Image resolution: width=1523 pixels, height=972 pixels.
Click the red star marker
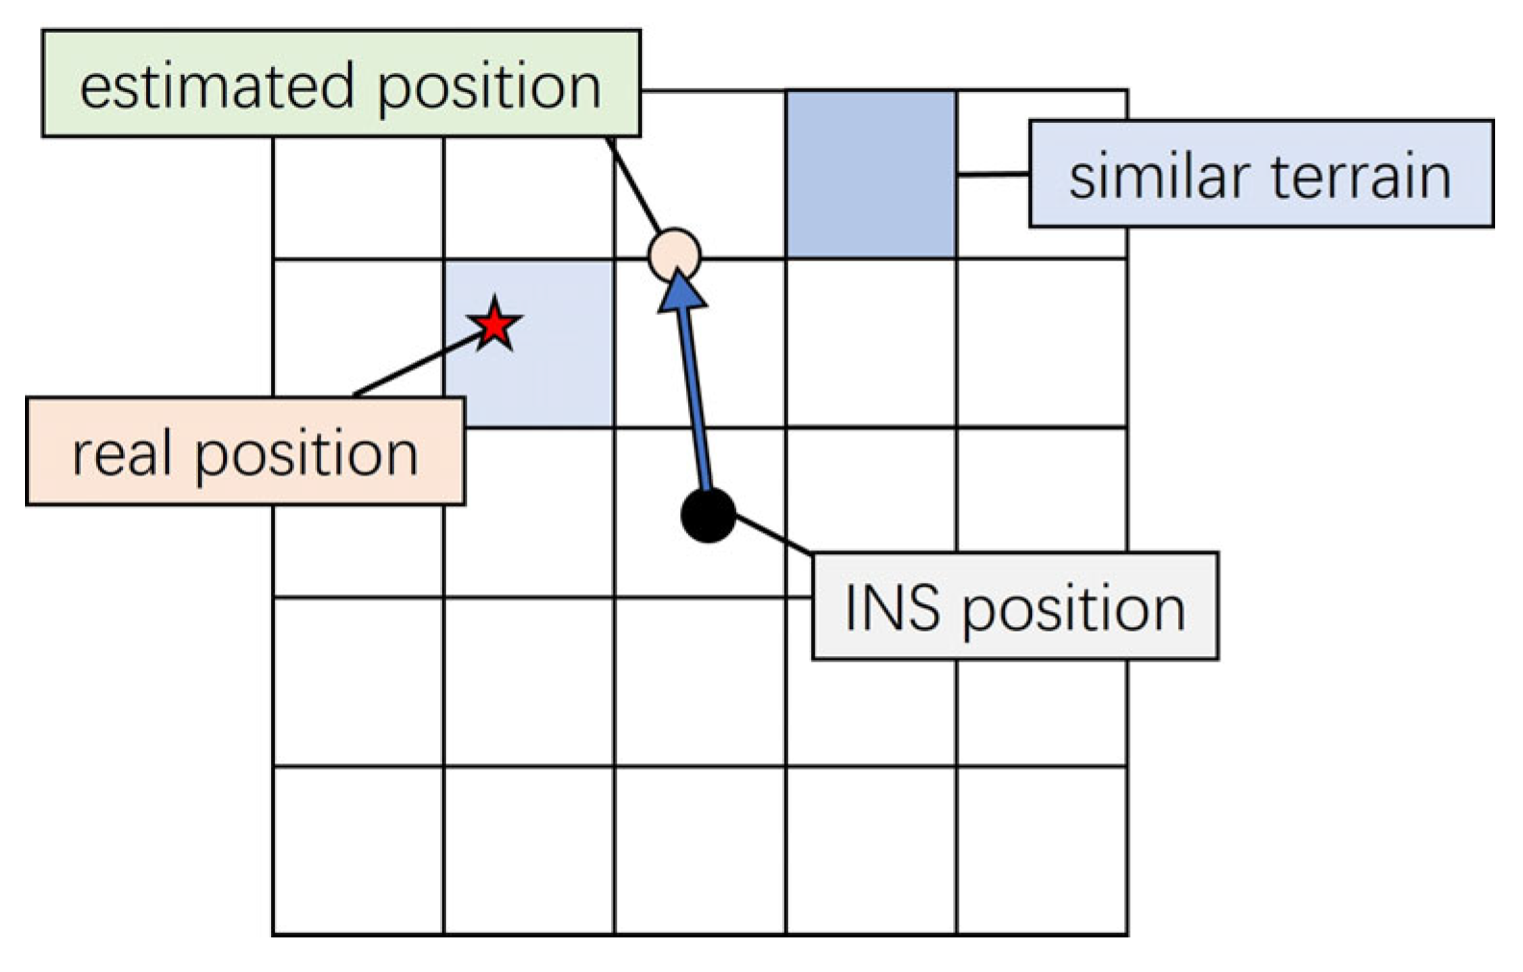tap(494, 325)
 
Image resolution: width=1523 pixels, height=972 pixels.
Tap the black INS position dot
tap(708, 515)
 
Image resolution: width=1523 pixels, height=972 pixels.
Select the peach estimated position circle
tap(675, 255)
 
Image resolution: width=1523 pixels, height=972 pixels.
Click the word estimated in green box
tap(217, 86)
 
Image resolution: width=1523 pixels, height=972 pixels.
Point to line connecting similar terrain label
tap(992, 175)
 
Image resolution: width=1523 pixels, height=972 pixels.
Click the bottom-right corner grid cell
tap(1042, 850)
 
